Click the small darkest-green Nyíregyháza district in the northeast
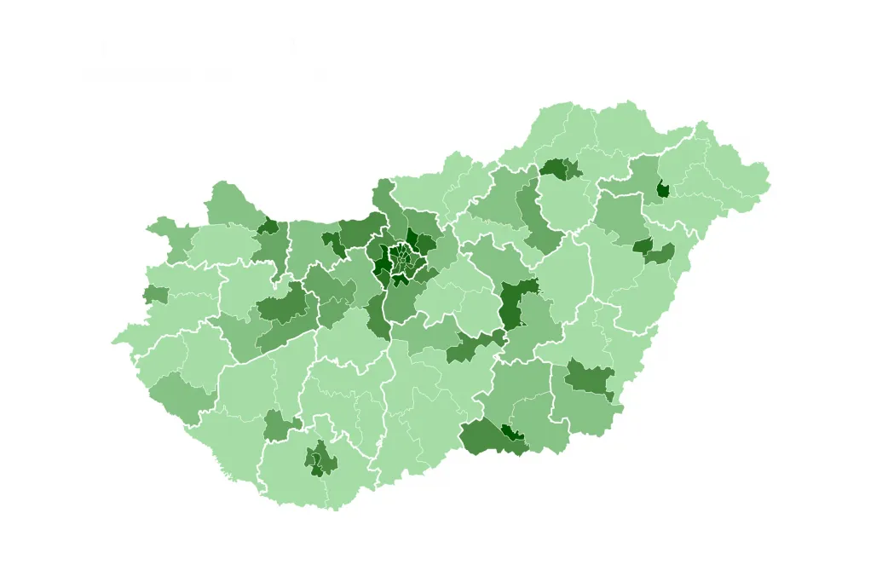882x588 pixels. pos(662,189)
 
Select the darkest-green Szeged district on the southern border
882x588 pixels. pos(512,433)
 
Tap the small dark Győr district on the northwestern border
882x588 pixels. pos(269,226)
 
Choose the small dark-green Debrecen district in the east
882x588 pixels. pos(643,245)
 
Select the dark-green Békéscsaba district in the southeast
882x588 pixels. pos(590,378)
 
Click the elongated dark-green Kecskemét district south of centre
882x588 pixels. pos(474,345)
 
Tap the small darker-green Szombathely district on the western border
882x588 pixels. pos(156,295)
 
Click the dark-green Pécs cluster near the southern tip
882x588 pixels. pos(322,459)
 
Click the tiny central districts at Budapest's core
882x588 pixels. pos(402,257)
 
